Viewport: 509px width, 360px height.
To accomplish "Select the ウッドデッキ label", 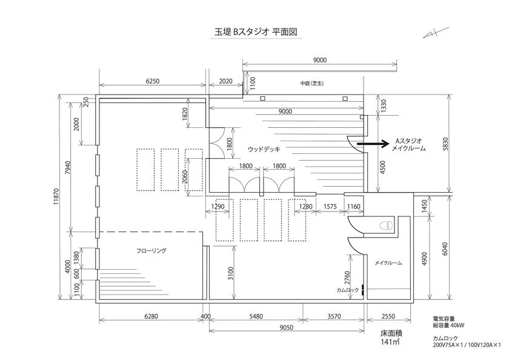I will [265, 149].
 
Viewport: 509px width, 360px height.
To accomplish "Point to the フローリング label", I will [151, 250].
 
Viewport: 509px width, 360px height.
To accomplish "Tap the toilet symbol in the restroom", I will [384, 225].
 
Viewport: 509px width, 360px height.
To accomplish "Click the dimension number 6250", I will [153, 80].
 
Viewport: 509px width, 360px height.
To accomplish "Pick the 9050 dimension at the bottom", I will [287, 328].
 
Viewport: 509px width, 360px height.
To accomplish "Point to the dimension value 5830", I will [446, 144].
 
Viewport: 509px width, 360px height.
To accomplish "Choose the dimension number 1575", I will [330, 207].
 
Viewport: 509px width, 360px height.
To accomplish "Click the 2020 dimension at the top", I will [225, 80].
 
